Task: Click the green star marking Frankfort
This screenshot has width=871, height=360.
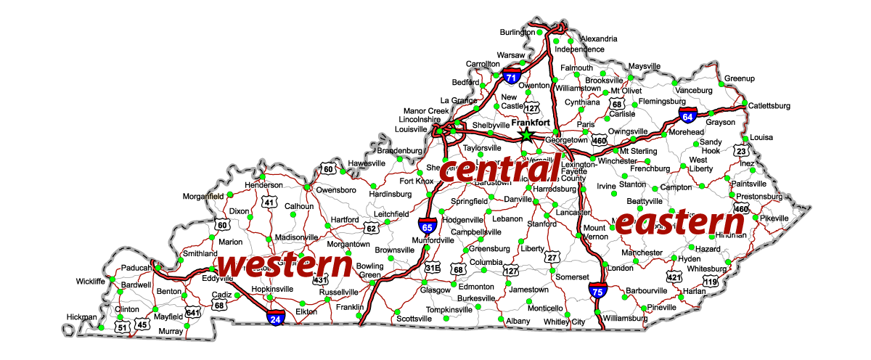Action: point(526,134)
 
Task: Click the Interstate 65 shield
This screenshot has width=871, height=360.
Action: point(428,226)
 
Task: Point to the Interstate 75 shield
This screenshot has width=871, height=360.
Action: point(597,291)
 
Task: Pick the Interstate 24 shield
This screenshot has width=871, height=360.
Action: point(275,316)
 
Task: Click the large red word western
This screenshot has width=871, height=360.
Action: point(285,266)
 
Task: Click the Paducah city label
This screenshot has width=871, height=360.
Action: point(137,268)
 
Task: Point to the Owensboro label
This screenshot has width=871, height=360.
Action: point(336,190)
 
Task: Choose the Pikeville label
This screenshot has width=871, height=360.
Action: point(774,218)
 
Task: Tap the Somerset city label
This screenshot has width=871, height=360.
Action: point(572,277)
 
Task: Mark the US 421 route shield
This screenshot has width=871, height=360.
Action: point(674,277)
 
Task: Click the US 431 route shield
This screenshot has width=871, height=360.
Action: point(319,279)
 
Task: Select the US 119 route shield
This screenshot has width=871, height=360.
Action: point(710,281)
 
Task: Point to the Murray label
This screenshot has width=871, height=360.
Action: point(171,331)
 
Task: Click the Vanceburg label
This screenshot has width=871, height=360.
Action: point(693,90)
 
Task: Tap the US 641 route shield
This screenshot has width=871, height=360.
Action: point(192,313)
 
